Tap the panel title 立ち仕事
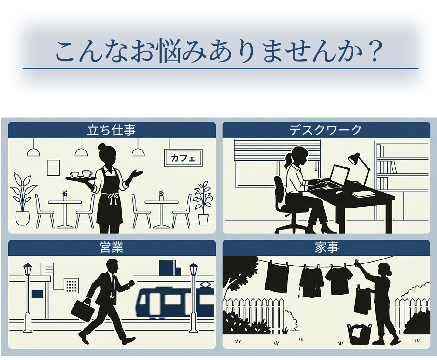tap(112, 130)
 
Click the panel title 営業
tap(112, 248)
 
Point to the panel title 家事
tap(326, 248)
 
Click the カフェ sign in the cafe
tap(183, 158)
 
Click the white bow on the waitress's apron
tap(113, 198)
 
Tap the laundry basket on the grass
tap(359, 334)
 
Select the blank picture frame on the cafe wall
tap(53, 168)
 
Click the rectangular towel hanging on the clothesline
tap(277, 277)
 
